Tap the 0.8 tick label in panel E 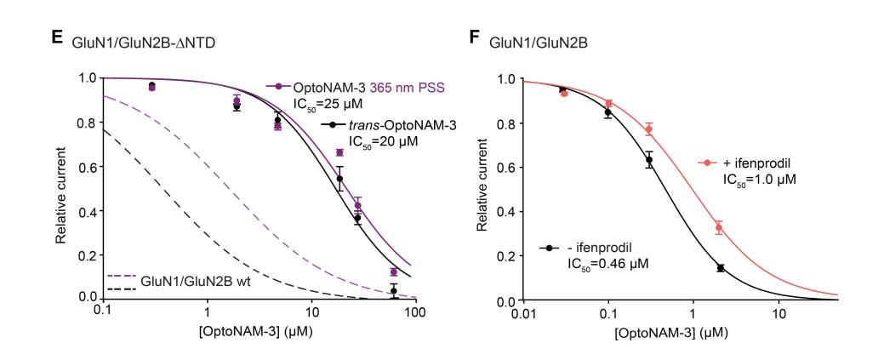87,122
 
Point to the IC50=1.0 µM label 757,180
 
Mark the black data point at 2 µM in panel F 720,268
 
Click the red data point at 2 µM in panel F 718,228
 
